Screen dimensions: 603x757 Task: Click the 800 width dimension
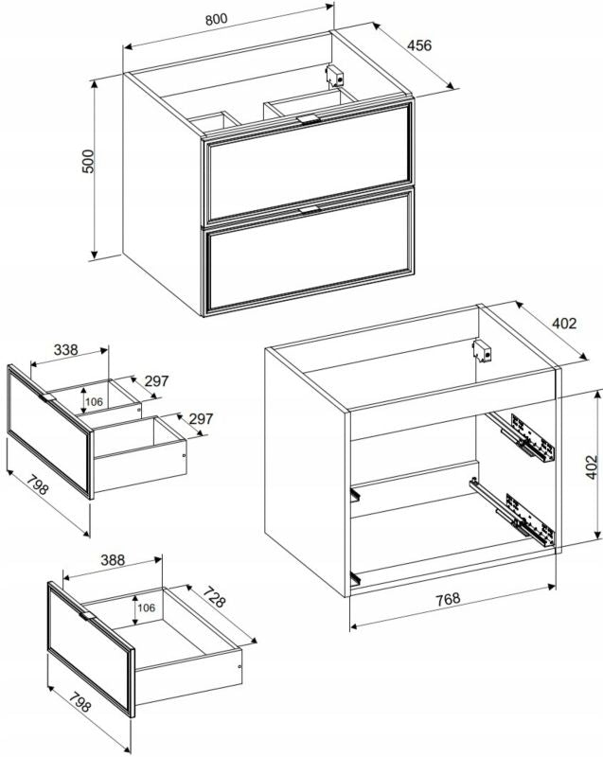pyautogui.click(x=216, y=19)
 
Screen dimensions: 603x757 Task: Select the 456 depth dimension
pyautogui.click(x=419, y=44)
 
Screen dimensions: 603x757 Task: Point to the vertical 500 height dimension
pyautogui.click(x=87, y=161)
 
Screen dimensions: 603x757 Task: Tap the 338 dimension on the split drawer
pyautogui.click(x=65, y=349)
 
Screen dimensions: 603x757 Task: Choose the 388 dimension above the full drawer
pyautogui.click(x=113, y=559)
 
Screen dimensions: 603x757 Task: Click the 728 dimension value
pyautogui.click(x=213, y=597)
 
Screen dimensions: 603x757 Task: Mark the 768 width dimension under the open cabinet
pyautogui.click(x=448, y=599)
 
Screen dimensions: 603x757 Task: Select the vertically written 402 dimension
pyautogui.click(x=592, y=467)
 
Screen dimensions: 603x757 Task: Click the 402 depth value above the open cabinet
pyautogui.click(x=564, y=323)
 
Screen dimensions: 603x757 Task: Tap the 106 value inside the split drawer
pyautogui.click(x=94, y=401)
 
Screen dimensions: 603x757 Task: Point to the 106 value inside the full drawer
pyautogui.click(x=147, y=607)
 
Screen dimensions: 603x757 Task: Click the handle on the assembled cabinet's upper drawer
pyautogui.click(x=309, y=119)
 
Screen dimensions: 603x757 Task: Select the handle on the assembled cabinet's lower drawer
pyautogui.click(x=310, y=210)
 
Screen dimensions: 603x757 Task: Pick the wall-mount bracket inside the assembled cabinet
pyautogui.click(x=334, y=76)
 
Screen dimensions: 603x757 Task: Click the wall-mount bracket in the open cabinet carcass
pyautogui.click(x=482, y=350)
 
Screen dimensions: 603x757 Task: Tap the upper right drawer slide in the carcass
pyautogui.click(x=523, y=435)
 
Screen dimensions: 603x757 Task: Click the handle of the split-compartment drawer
pyautogui.click(x=47, y=397)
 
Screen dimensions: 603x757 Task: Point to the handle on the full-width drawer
pyautogui.click(x=87, y=616)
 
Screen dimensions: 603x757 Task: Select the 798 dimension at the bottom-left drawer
pyautogui.click(x=80, y=702)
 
